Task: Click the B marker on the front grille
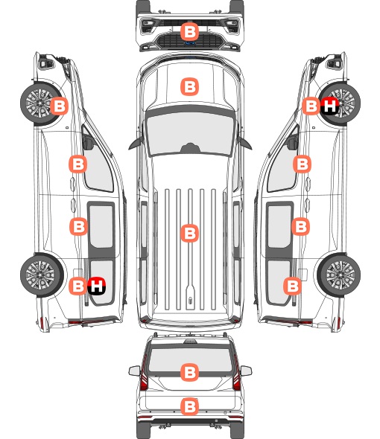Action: coord(189,32)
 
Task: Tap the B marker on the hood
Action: coord(189,87)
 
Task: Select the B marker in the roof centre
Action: coord(189,233)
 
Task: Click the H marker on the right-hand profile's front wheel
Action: coord(329,106)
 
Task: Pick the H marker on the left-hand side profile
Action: coord(96,286)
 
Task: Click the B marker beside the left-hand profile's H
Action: coord(77,286)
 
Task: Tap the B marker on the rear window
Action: coord(189,372)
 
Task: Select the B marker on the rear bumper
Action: coord(189,406)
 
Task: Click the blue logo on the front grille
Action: coord(190,43)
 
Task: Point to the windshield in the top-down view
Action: coord(190,134)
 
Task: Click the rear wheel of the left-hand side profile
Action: coord(42,275)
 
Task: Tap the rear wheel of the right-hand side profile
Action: coord(339,275)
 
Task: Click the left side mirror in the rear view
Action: coord(135,371)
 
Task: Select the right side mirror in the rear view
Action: coord(246,371)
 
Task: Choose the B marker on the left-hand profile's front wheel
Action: coord(59,106)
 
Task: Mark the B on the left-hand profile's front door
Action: coord(77,164)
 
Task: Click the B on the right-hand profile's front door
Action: coord(302,164)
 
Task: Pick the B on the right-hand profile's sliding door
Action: coord(300,226)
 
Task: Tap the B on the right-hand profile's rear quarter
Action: coord(293,286)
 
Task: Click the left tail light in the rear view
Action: coord(144,375)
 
